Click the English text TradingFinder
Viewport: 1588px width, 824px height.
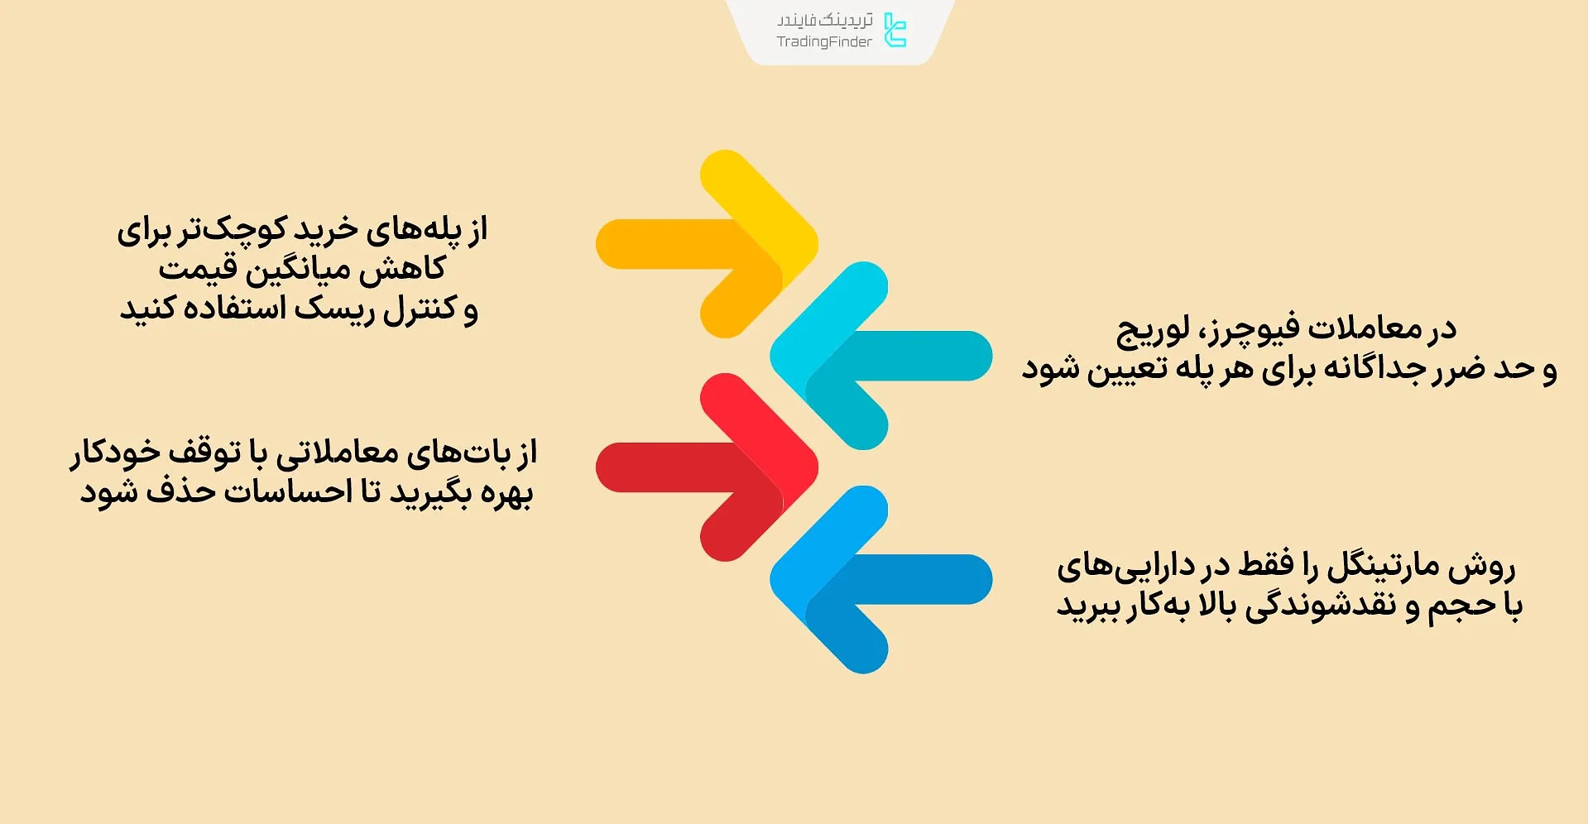point(824,42)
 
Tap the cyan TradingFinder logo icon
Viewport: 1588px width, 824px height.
point(895,30)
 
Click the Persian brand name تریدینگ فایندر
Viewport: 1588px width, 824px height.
point(825,20)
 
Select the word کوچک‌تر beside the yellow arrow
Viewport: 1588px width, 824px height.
point(246,230)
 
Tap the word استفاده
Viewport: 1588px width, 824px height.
point(228,309)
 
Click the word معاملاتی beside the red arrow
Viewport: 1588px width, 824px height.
point(338,453)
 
